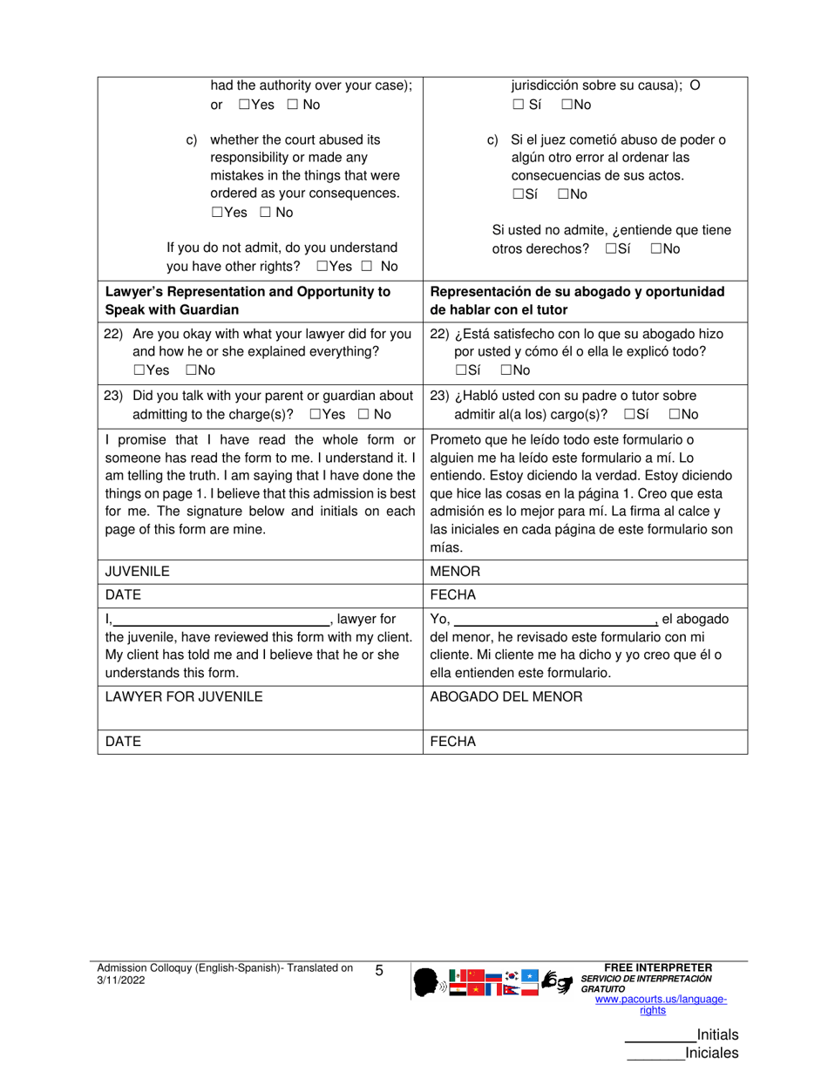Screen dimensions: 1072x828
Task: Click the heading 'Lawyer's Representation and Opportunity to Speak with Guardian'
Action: (247, 300)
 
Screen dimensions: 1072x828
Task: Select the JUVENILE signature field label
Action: (137, 572)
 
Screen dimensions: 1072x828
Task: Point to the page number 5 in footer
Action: (379, 970)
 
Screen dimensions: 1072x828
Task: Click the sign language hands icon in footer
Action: (557, 982)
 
